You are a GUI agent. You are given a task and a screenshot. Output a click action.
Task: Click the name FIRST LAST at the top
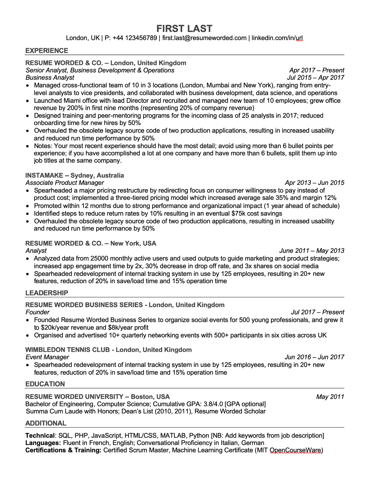pyautogui.click(x=184, y=28)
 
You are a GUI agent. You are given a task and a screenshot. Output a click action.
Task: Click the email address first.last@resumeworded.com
pyautogui.click(x=204, y=38)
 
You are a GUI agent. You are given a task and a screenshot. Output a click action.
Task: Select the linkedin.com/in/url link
pyautogui.click(x=277, y=38)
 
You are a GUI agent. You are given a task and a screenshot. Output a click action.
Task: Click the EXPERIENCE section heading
pyautogui.click(x=47, y=51)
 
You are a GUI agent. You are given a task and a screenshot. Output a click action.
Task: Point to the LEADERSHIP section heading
pyautogui.click(x=47, y=293)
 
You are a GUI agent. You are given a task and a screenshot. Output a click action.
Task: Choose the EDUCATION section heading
pyautogui.click(x=45, y=384)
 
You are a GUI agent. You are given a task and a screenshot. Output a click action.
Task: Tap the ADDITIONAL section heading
pyautogui.click(x=46, y=423)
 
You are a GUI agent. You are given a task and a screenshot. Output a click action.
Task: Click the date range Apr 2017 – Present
pyautogui.click(x=316, y=70)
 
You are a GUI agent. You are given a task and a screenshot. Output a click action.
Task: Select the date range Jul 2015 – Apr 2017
pyautogui.click(x=316, y=77)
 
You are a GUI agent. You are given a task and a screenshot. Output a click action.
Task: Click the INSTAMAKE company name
pyautogui.click(x=44, y=175)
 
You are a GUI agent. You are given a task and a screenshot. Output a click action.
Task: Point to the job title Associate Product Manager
pyautogui.click(x=65, y=183)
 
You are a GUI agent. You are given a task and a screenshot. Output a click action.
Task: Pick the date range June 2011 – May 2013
pyautogui.click(x=312, y=251)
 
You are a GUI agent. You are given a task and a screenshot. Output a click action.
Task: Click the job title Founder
pyautogui.click(x=38, y=312)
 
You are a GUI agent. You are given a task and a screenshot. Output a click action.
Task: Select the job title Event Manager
pyautogui.click(x=47, y=357)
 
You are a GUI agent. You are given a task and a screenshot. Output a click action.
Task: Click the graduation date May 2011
pyautogui.click(x=330, y=397)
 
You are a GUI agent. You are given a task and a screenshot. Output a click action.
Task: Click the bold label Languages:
pyautogui.click(x=43, y=443)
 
